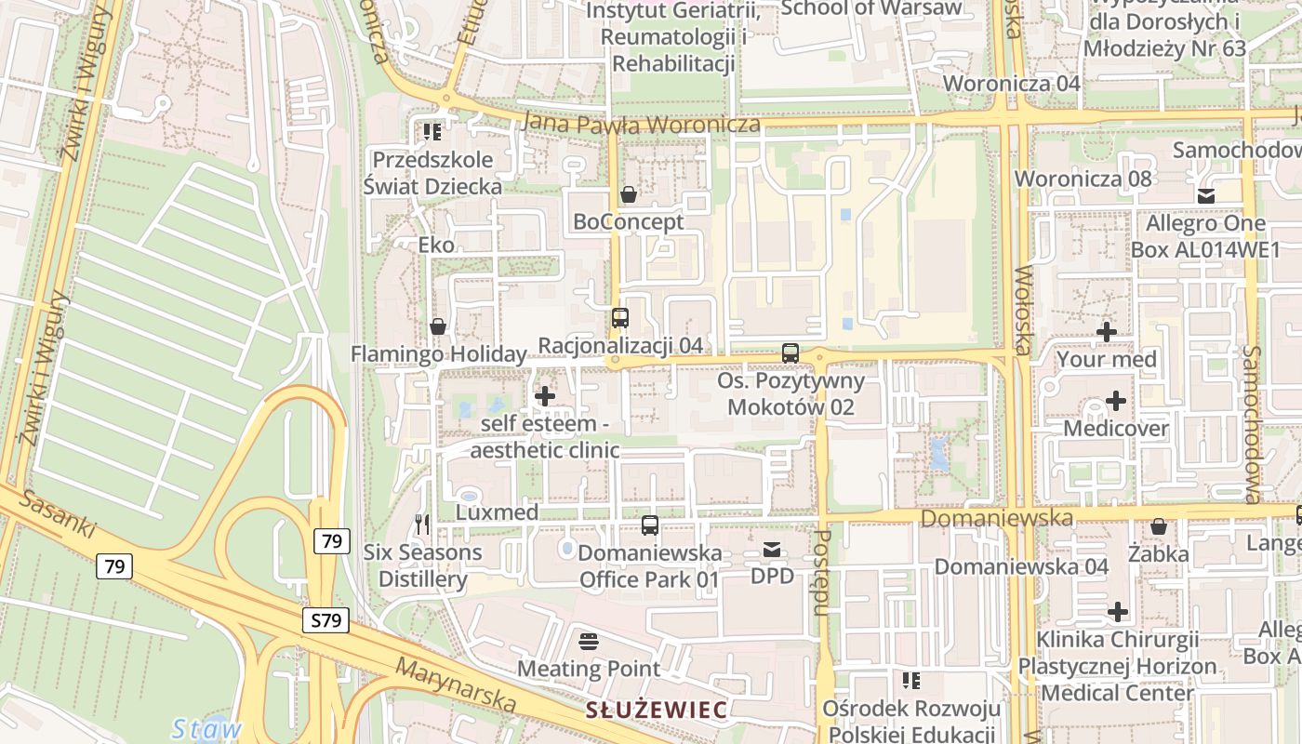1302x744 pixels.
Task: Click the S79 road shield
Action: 325,620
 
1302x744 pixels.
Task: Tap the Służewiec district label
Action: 656,711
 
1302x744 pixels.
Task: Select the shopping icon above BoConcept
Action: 629,194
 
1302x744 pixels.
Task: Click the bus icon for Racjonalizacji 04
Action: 620,318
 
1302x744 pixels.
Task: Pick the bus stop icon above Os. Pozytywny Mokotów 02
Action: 790,353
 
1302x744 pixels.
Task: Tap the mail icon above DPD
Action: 772,550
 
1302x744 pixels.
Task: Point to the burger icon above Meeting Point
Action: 588,641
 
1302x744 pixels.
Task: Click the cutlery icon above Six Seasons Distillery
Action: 422,525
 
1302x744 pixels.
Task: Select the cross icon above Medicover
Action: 1115,402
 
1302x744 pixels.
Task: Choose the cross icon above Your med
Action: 1107,332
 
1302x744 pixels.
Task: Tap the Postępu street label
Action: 821,573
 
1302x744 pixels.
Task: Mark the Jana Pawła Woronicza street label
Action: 642,123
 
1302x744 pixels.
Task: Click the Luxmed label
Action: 498,512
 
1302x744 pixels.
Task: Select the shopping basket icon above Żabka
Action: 1158,527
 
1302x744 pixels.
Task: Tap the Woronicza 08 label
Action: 1083,179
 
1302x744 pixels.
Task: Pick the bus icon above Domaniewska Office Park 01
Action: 650,525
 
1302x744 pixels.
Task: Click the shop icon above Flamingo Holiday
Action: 438,326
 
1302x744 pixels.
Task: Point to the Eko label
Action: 437,246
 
